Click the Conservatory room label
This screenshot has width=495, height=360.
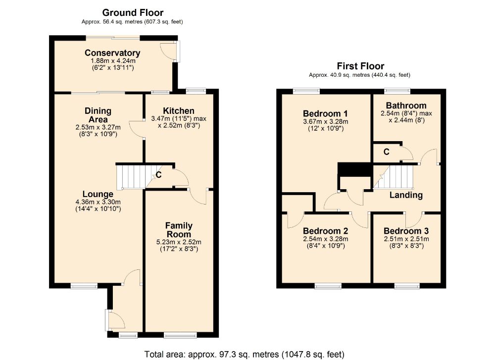(112, 52)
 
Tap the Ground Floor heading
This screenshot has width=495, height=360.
(133, 13)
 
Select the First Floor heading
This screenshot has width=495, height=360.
(360, 66)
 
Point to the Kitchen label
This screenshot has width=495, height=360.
(179, 111)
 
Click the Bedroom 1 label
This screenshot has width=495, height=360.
(325, 113)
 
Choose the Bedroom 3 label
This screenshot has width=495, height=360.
(406, 231)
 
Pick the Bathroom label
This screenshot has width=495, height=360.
(406, 105)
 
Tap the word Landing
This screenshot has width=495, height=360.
(406, 195)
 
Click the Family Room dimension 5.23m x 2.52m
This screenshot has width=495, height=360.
(179, 242)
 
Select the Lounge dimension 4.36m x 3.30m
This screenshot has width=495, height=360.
(98, 202)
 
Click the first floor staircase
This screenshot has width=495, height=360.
(393, 177)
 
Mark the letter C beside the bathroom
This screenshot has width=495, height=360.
(387, 152)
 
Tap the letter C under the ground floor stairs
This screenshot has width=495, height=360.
(159, 175)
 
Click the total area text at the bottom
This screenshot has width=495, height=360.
(245, 355)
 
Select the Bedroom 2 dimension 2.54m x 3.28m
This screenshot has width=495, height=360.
(326, 239)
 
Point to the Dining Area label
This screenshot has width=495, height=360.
(98, 115)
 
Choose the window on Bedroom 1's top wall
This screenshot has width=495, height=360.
(306, 91)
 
